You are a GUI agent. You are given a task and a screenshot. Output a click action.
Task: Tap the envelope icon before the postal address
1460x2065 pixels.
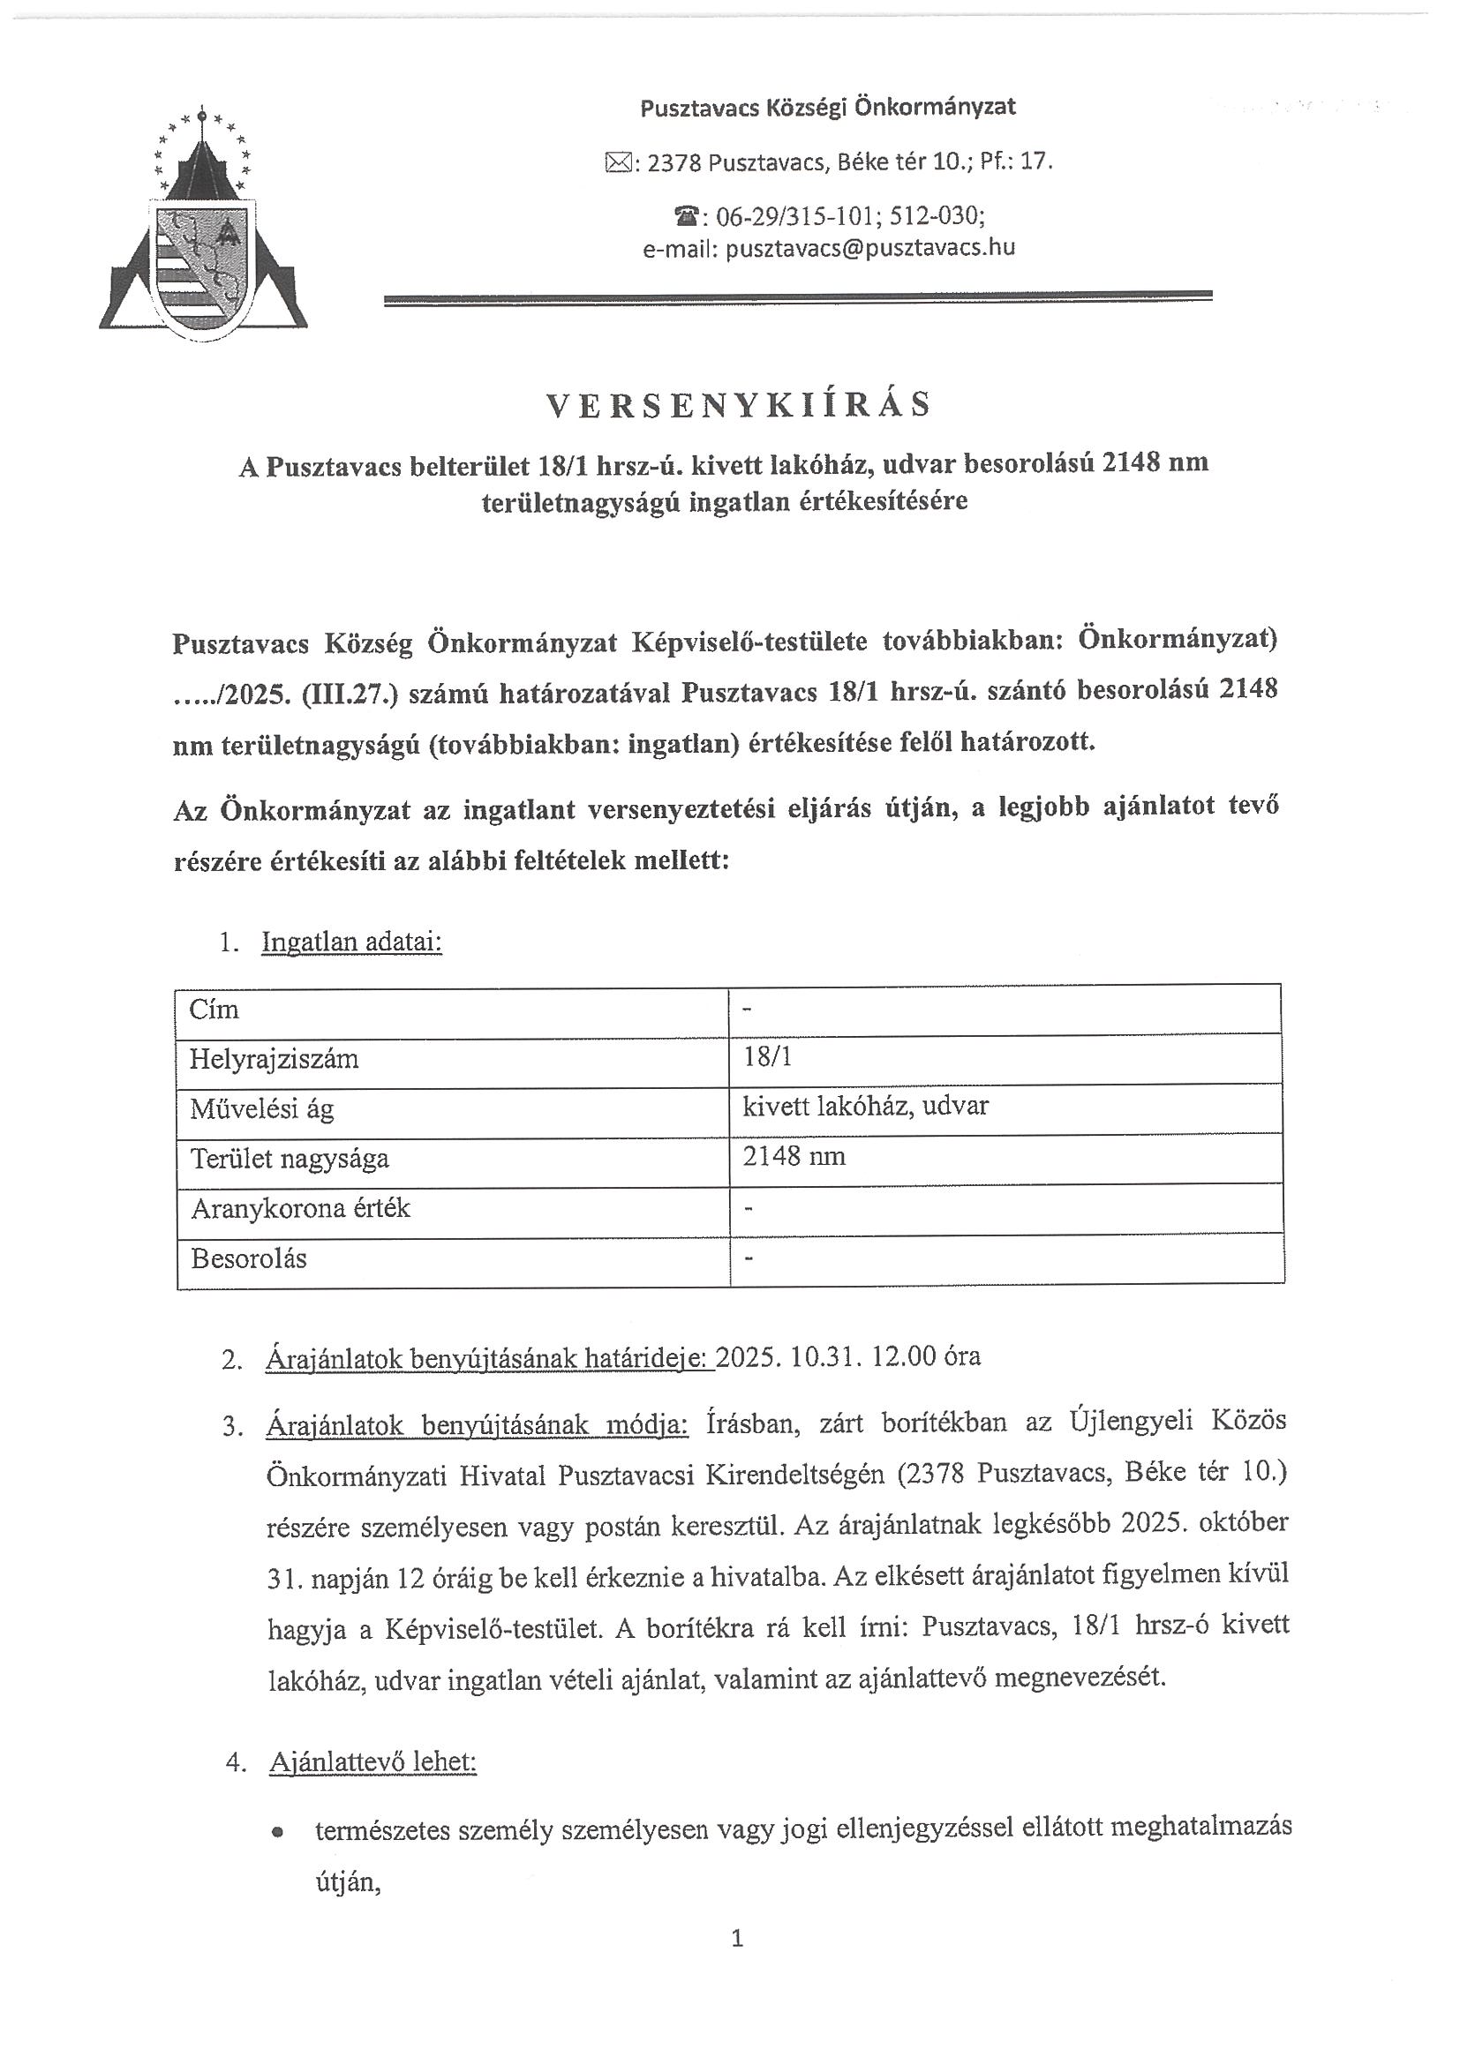tap(618, 163)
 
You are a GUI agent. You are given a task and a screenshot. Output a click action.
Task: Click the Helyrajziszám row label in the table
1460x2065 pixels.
tap(275, 1059)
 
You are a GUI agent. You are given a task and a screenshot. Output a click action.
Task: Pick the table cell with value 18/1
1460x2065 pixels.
tap(767, 1057)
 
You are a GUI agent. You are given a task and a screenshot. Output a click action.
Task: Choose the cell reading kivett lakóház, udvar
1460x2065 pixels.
tap(864, 1107)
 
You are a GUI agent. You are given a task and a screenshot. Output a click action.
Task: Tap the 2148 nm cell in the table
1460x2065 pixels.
tap(794, 1157)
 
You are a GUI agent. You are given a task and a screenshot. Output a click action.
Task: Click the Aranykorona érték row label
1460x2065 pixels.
tap(300, 1208)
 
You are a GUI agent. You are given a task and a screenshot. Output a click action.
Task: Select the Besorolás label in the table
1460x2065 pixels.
tap(249, 1258)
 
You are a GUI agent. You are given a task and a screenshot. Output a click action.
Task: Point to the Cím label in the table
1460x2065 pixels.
tap(214, 1010)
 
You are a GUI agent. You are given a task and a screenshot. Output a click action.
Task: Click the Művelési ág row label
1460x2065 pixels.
tap(262, 1109)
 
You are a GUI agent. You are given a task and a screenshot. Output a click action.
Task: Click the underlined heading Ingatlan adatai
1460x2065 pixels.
tap(351, 942)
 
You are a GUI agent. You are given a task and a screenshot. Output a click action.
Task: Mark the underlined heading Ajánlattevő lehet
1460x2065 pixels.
tap(373, 1762)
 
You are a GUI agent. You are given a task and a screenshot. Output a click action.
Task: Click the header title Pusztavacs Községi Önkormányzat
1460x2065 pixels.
tap(828, 108)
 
